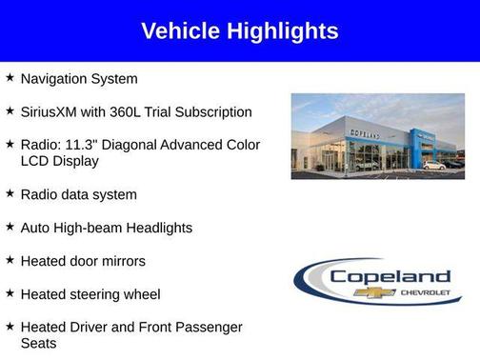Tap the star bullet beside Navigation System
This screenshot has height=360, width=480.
10,77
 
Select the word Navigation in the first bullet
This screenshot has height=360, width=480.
57,79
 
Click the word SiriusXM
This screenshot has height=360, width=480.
53,112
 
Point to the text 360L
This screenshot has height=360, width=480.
135,112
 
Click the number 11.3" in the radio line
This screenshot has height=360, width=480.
79,145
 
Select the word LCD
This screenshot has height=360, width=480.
35,161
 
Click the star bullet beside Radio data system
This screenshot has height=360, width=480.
10,193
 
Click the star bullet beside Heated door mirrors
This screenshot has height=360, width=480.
10,260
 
